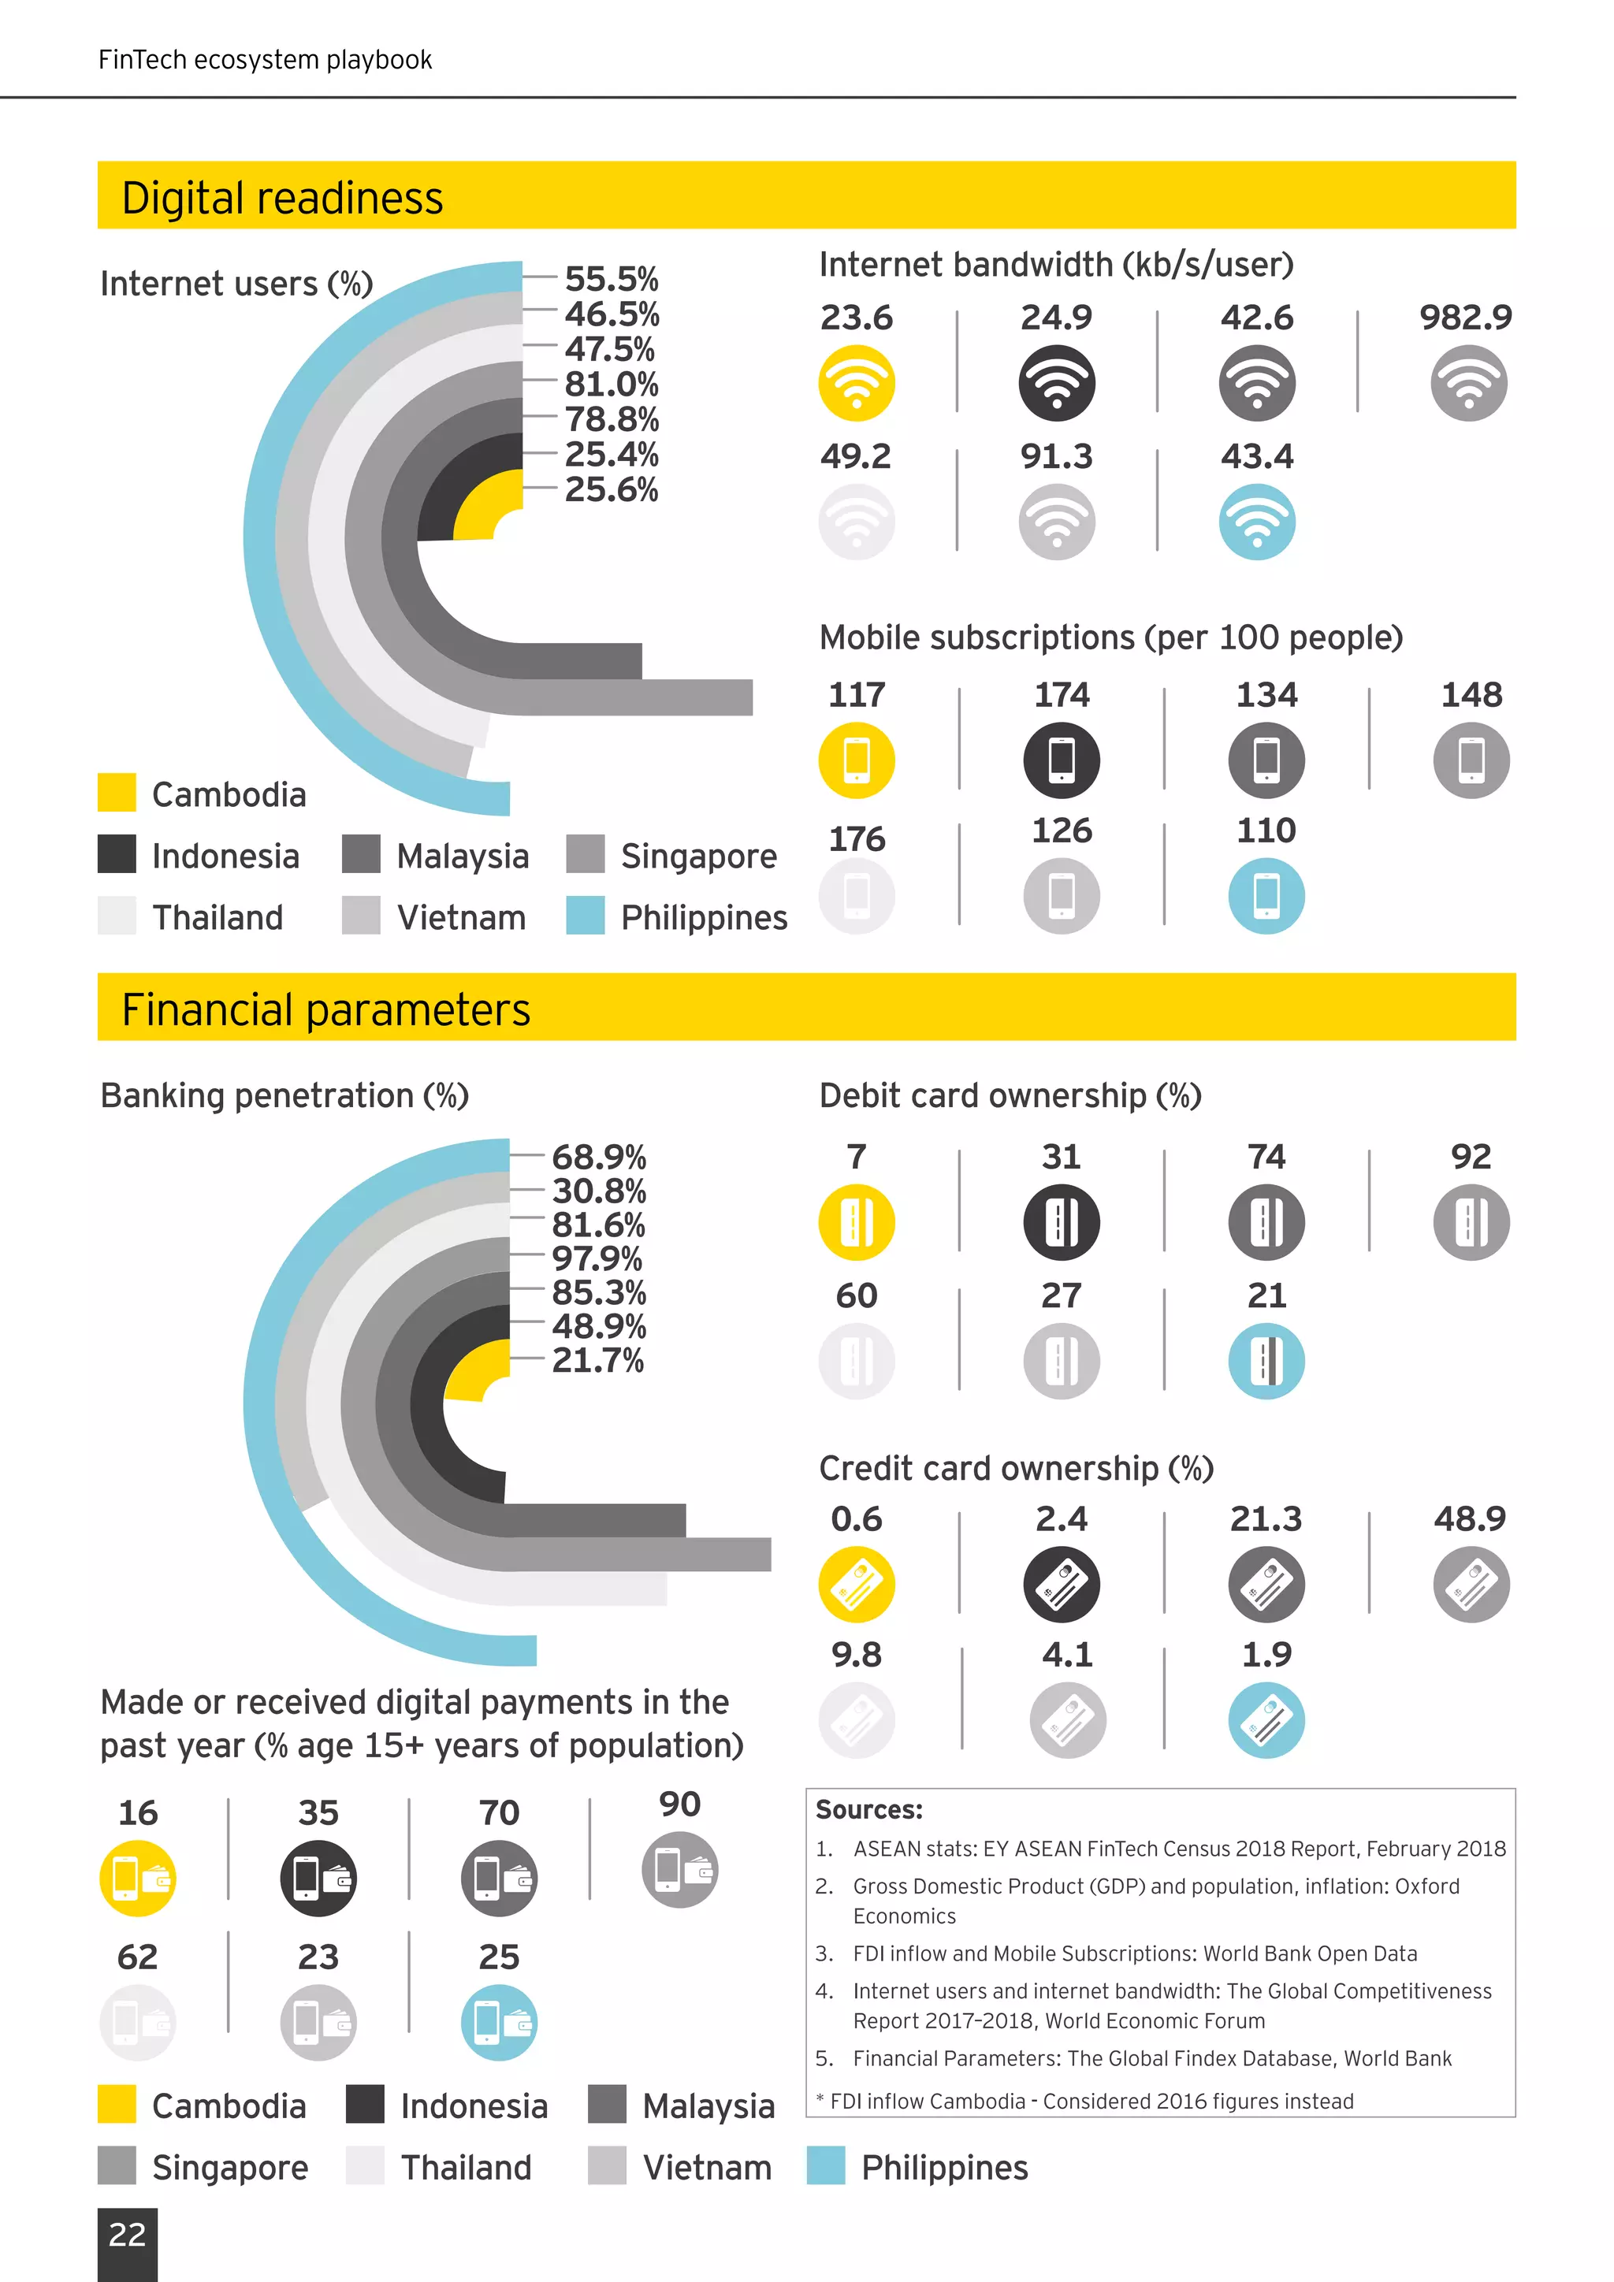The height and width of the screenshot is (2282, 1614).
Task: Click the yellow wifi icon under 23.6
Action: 856,383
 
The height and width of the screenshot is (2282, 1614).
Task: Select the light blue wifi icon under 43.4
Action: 1256,522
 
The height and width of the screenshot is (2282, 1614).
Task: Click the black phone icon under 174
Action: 1062,760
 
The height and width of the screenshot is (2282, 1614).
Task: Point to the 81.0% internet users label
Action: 612,384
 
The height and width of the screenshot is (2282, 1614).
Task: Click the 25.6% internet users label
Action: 612,489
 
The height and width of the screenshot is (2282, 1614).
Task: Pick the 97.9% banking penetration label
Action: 597,1258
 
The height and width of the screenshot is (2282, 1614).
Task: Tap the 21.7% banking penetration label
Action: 597,1359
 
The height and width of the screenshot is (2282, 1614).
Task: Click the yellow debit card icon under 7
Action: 856,1222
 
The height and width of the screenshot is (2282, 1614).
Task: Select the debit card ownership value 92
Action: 1471,1156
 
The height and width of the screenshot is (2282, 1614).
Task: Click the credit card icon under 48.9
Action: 1471,1585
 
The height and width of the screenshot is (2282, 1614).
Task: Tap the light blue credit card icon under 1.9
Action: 1266,1720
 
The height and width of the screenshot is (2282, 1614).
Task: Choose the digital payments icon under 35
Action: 318,1879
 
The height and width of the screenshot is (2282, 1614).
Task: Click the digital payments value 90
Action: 680,1804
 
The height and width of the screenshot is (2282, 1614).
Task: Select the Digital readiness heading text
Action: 282,198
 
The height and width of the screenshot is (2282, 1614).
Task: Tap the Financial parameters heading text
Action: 326,1010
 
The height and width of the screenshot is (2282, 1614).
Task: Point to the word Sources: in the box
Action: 868,1810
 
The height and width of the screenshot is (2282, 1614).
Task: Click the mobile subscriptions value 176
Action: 857,839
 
